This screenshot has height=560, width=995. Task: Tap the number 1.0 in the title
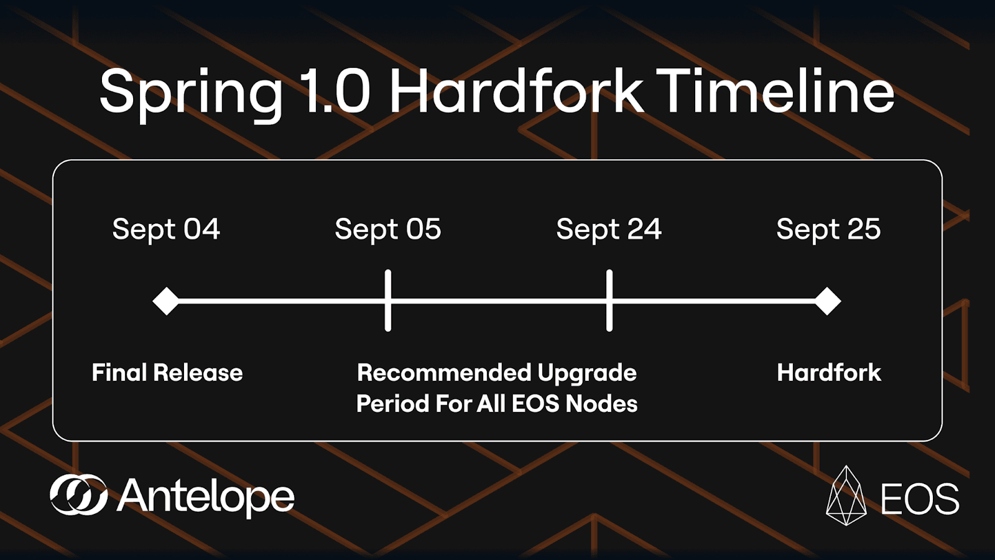335,91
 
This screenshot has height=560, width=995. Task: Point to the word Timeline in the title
775,90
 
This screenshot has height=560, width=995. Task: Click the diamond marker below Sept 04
166,301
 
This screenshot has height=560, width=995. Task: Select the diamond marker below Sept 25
827,301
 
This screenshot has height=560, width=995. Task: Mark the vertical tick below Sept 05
388,301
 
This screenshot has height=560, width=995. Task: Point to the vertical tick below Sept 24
609,301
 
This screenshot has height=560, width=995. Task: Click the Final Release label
167,373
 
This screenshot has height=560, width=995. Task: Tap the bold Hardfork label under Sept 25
829,373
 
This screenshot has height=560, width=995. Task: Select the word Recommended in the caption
444,373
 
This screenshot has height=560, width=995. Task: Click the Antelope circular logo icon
78,495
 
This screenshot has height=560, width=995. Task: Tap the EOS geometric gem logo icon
846,495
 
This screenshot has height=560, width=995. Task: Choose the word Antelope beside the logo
206,497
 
